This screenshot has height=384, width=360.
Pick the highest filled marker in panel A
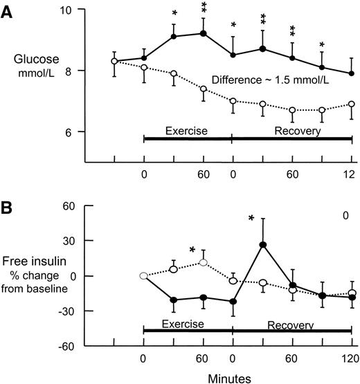[204, 33]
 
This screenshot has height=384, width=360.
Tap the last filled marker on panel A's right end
[352, 73]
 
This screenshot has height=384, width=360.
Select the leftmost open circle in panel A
[114, 62]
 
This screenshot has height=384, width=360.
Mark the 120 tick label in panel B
[351, 358]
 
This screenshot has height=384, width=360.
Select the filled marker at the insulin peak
[263, 244]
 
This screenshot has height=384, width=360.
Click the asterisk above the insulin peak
[252, 219]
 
